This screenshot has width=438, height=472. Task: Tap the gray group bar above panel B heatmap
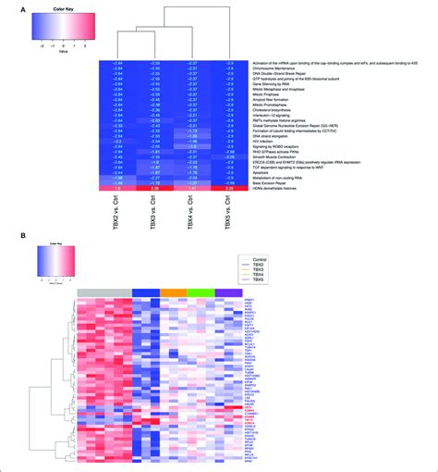(x=103, y=292)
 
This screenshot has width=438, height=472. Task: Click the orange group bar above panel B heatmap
(x=172, y=292)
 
